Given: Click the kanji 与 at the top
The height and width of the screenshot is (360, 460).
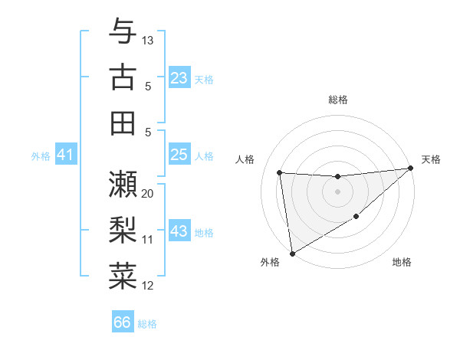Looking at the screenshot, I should [123, 31].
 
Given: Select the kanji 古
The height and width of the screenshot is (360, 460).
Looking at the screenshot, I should [123, 77].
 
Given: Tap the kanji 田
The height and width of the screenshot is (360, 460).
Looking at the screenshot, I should [123, 123].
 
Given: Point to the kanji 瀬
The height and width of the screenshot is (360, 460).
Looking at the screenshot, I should [123, 184].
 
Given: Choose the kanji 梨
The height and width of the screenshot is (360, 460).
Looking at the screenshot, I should [123, 229].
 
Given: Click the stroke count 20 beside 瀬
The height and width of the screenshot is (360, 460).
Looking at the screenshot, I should [148, 193].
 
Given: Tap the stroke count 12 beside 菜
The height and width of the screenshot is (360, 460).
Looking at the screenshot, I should [148, 286].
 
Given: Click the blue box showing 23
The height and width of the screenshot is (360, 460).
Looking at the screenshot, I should [179, 78].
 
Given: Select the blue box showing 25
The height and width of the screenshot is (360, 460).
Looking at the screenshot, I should [179, 155].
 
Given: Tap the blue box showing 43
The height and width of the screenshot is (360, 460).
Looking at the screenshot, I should [179, 231].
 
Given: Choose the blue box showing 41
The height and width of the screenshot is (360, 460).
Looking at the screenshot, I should [65, 155].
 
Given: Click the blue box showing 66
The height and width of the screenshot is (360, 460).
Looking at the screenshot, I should [123, 322].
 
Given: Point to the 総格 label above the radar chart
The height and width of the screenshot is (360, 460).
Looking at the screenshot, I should [337, 100].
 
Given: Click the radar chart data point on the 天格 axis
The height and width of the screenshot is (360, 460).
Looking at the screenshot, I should [411, 169].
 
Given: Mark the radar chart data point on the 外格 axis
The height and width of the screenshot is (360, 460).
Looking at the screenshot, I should [291, 254].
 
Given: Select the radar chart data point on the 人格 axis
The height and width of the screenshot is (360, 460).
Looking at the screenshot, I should [280, 172].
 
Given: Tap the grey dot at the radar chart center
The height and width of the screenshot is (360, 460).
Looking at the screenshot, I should [337, 191].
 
